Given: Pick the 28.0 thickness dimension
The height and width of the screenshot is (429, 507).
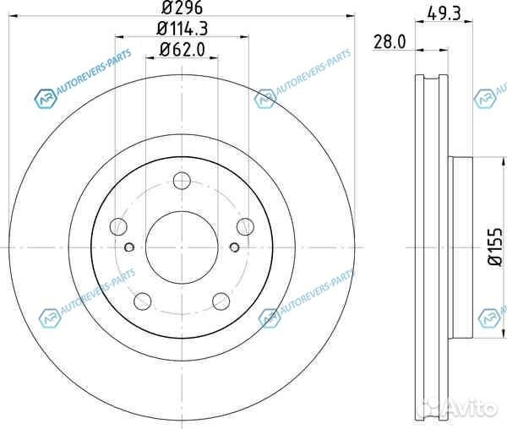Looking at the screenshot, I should pos(390,41).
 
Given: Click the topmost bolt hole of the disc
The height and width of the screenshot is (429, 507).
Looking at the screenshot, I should pos(181,180).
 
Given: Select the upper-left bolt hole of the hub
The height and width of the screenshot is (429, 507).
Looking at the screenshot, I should pos(119,225).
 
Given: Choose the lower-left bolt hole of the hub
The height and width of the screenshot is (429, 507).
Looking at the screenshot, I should pos(143,300).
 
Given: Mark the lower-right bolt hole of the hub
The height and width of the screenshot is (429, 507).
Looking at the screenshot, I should pos(220,300).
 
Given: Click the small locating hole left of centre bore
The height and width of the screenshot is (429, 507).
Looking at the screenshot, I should pos(129,247).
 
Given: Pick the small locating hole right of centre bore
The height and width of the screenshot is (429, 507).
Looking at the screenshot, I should pos(233,247).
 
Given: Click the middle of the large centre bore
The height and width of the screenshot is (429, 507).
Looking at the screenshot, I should pos(181,246).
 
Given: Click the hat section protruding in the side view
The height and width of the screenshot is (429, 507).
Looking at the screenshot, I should pos(464,245).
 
